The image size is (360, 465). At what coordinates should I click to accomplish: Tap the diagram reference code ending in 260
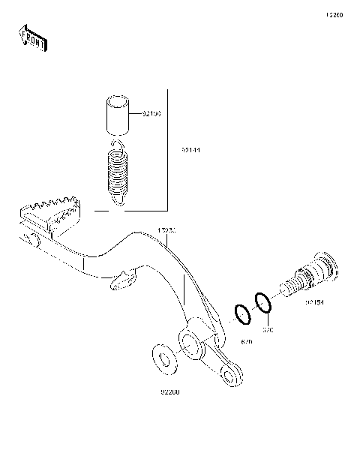pyautogui.click(x=334, y=16)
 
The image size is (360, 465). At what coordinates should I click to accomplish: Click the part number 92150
pyautogui.click(x=151, y=115)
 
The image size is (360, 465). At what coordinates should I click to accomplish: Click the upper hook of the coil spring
pyautogui.click(x=116, y=142)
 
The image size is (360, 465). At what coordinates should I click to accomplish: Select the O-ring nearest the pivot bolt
pyautogui.click(x=262, y=303)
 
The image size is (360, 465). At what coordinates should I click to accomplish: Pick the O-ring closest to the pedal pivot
pyautogui.click(x=243, y=314)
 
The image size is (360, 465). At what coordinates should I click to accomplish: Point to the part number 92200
pyautogui.click(x=168, y=391)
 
